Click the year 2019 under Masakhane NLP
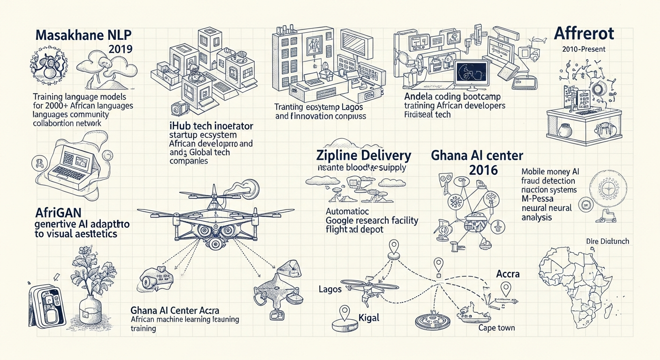[x=120, y=49]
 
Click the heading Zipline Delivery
[x=364, y=156]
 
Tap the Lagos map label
[x=330, y=289]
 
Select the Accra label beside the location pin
[x=508, y=274]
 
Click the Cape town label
[x=496, y=328]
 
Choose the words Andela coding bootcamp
[x=451, y=97]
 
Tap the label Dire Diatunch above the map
[x=607, y=241]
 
